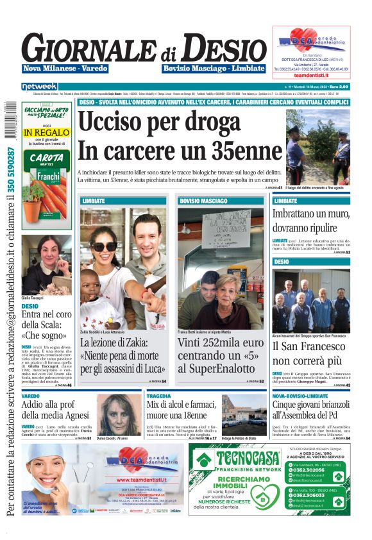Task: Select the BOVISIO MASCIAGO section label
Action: tap(199, 201)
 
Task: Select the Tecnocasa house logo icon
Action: tap(205, 459)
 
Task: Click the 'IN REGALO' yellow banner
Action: tap(46, 133)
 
